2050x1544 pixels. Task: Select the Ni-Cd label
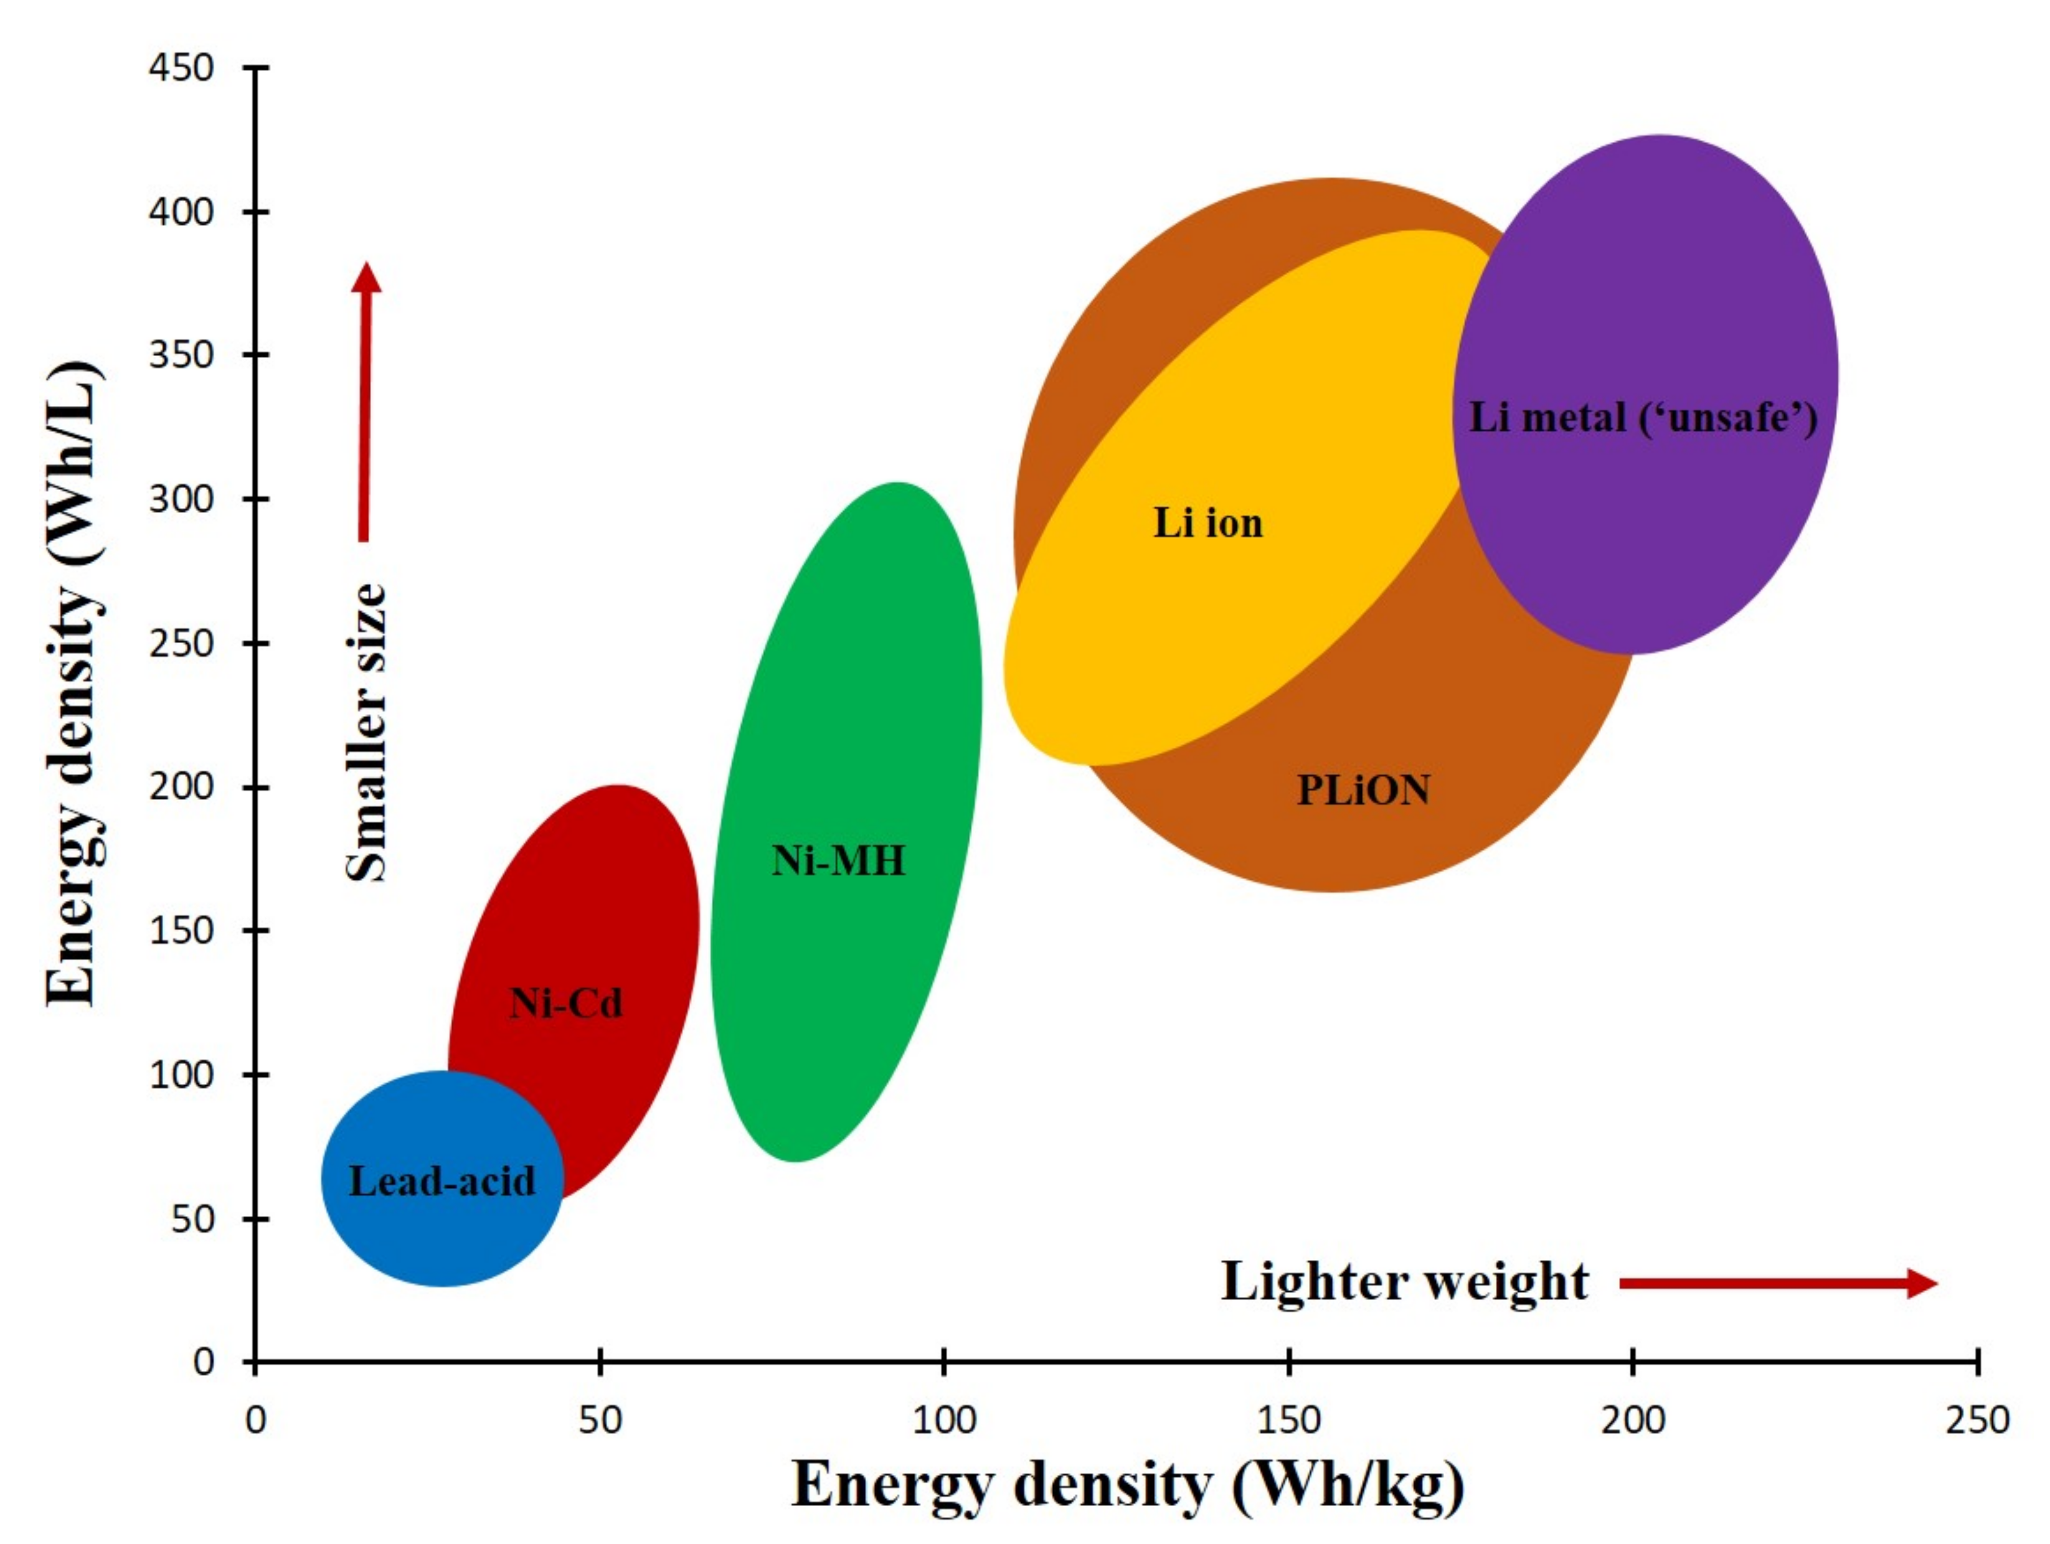565,1003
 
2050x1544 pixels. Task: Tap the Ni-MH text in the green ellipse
838,861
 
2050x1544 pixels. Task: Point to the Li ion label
1207,524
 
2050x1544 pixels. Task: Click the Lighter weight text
1404,1283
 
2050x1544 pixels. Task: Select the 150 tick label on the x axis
1288,1420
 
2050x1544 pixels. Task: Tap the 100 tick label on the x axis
943,1420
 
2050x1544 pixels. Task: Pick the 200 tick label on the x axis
1633,1420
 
